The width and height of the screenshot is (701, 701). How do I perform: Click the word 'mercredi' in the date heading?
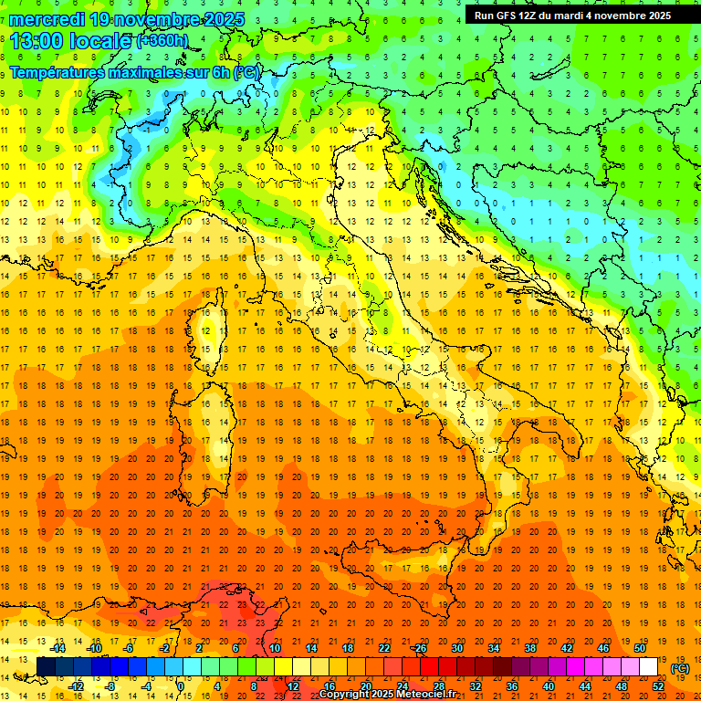coord(47,18)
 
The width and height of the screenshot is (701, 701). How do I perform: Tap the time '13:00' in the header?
coord(35,41)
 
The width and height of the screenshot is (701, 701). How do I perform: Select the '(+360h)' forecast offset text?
coord(162,41)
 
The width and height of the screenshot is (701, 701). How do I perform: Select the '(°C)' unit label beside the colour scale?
coord(680,668)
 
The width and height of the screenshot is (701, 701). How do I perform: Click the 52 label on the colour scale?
coord(658,686)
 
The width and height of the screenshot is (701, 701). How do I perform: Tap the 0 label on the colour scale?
coord(182,686)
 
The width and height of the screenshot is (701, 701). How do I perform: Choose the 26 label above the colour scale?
coord(419,648)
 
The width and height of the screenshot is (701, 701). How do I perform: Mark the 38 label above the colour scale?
coord(530,648)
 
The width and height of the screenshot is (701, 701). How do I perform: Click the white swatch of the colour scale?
coord(648,667)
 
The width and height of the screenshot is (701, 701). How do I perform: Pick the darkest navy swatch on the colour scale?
coord(46,667)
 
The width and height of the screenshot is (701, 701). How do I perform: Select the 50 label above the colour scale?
coord(639,648)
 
